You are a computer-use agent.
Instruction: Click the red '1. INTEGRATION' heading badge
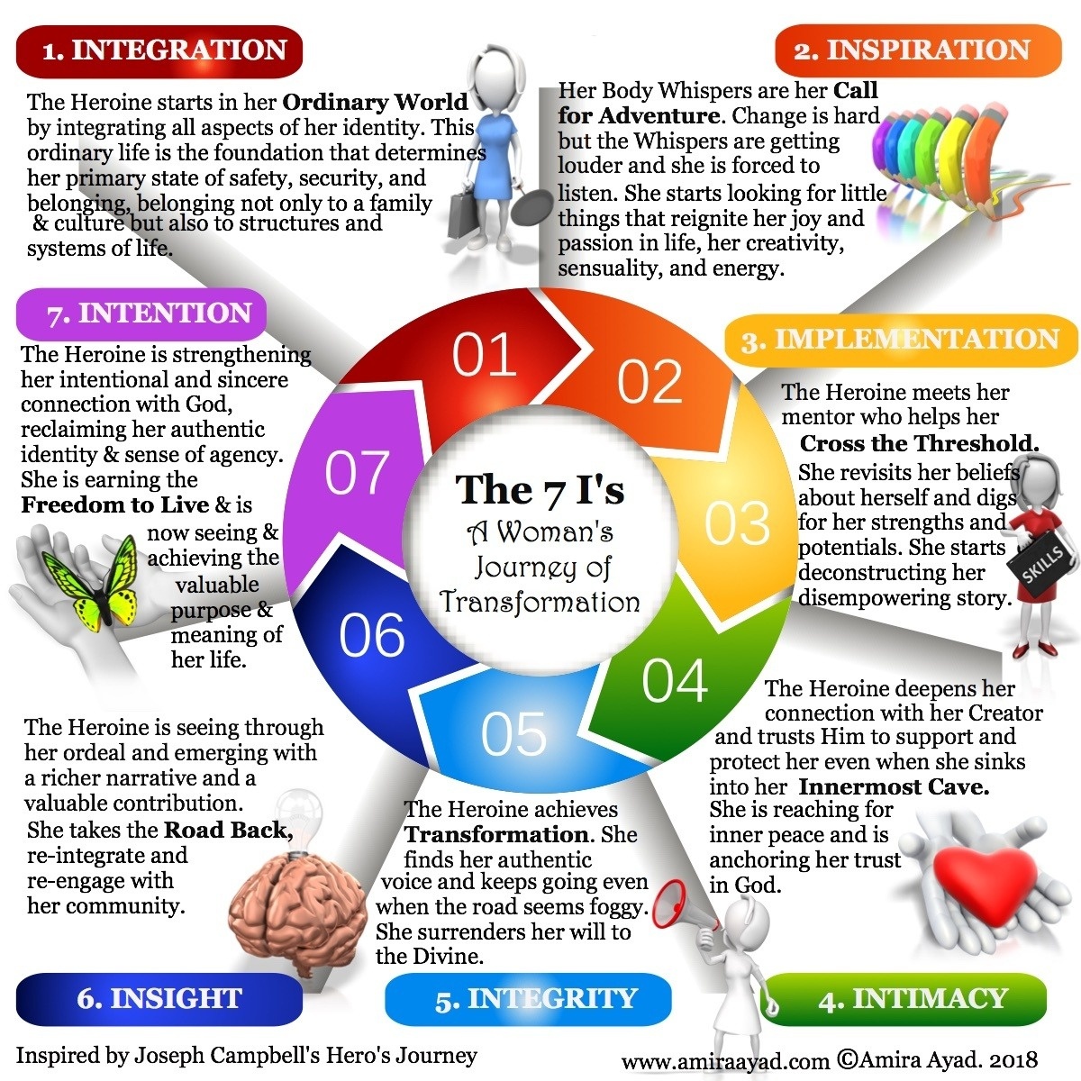(159, 51)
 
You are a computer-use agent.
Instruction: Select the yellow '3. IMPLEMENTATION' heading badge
(901, 340)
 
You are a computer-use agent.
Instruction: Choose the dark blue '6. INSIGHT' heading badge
(159, 999)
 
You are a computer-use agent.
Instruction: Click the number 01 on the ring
(485, 356)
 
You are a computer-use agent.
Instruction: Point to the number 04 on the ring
(675, 681)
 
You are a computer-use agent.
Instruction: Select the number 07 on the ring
(357, 473)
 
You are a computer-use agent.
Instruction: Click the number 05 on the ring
(513, 734)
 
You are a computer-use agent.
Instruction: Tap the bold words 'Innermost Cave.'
(894, 786)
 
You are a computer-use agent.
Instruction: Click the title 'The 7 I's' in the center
(540, 490)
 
